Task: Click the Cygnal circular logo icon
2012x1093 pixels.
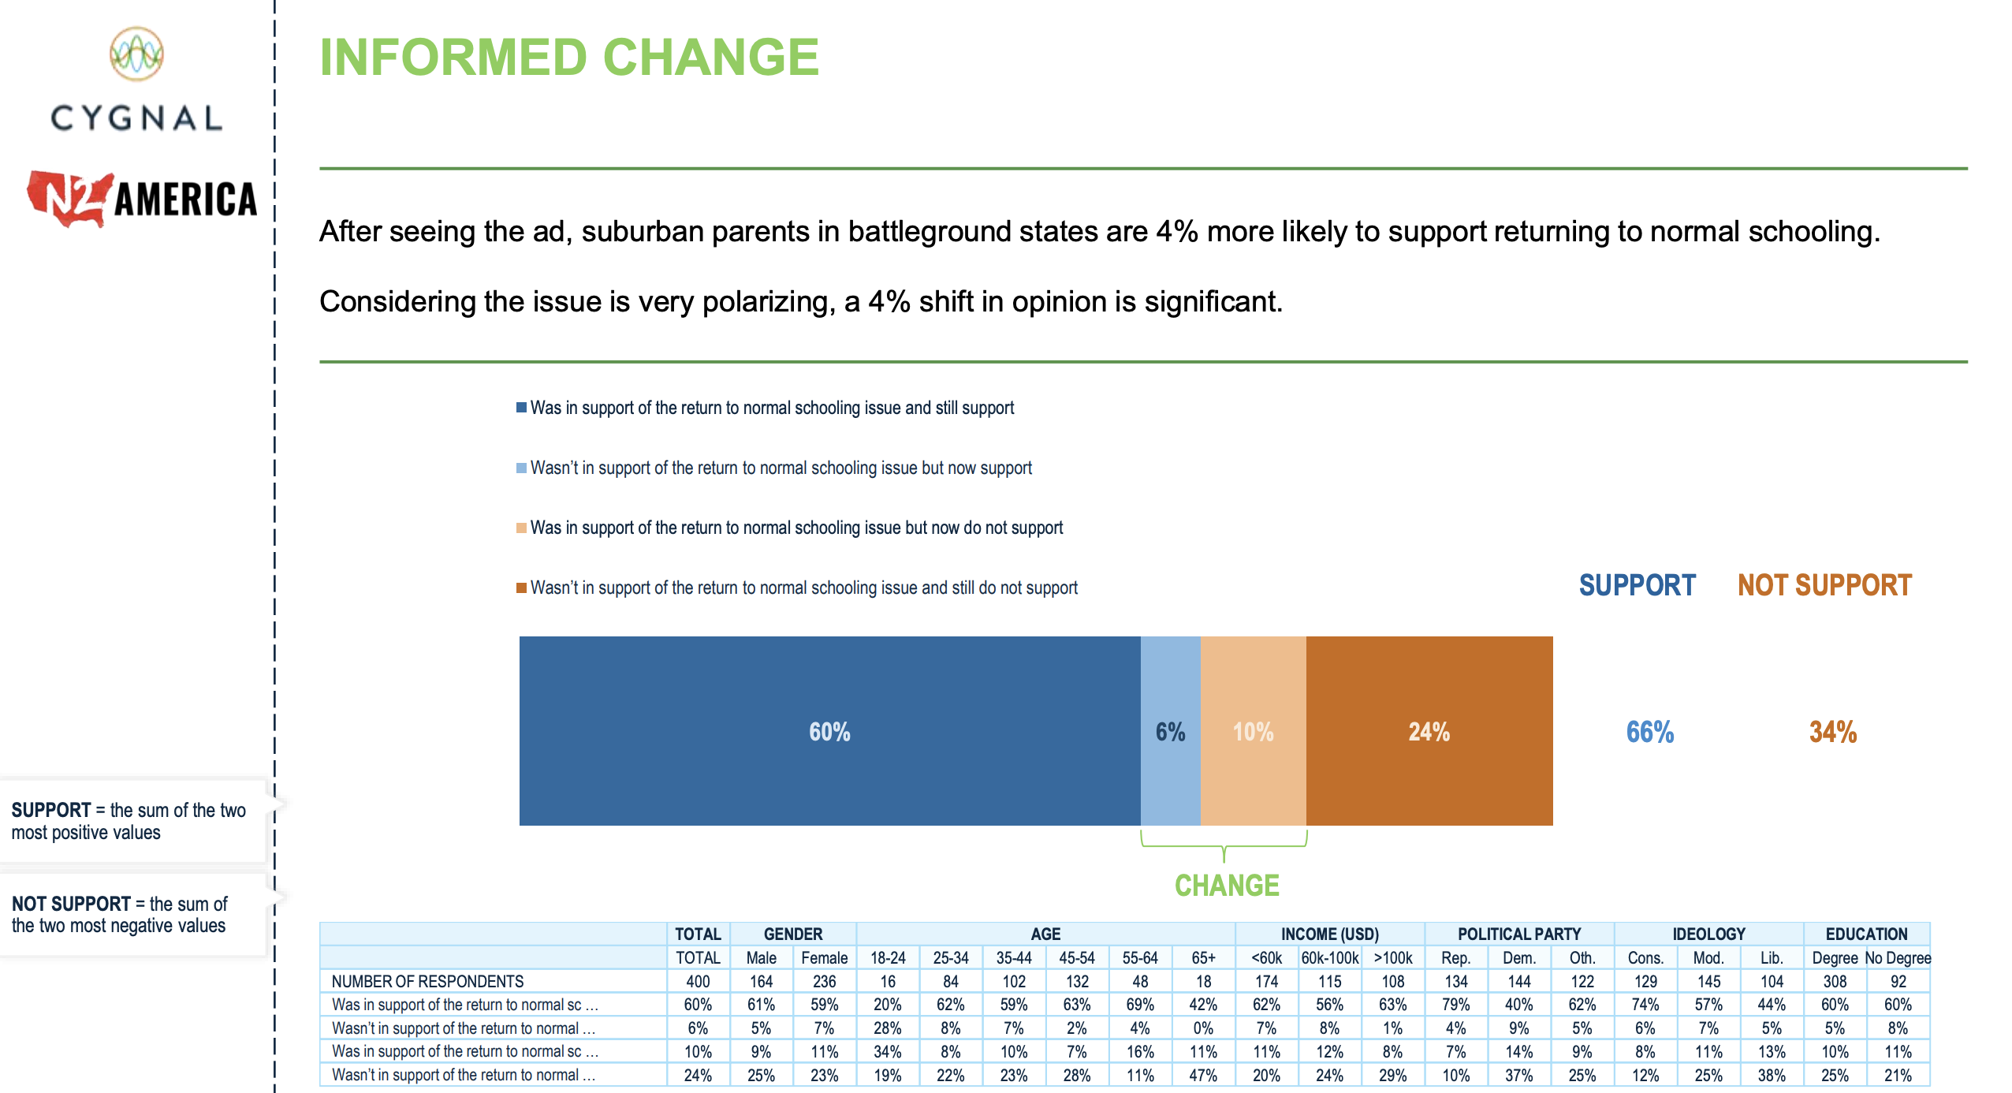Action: click(x=136, y=54)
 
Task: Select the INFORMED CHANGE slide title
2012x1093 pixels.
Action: click(x=568, y=57)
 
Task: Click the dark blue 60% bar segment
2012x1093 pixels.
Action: click(x=829, y=731)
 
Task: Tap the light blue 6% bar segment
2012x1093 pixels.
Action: click(x=1170, y=731)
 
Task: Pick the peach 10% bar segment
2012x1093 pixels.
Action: click(x=1253, y=731)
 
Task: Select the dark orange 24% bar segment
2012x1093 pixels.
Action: click(x=1429, y=731)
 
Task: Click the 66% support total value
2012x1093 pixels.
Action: click(x=1649, y=732)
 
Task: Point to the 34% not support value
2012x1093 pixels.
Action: click(x=1832, y=732)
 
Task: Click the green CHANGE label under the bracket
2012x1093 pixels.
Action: click(x=1227, y=886)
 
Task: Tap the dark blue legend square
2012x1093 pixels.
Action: click(x=521, y=408)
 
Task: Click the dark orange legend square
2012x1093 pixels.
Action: click(x=521, y=588)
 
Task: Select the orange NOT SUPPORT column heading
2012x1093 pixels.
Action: click(x=1824, y=585)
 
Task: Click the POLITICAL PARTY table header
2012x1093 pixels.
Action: click(x=1518, y=934)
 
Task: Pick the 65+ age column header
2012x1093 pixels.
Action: click(x=1203, y=958)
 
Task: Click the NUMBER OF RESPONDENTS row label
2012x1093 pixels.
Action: click(x=427, y=982)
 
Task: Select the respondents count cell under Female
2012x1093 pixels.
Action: click(x=824, y=982)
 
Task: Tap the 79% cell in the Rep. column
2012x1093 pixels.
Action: click(x=1455, y=1005)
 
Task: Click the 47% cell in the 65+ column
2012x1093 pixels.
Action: click(x=1203, y=1075)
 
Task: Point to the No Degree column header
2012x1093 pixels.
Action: click(x=1898, y=958)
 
